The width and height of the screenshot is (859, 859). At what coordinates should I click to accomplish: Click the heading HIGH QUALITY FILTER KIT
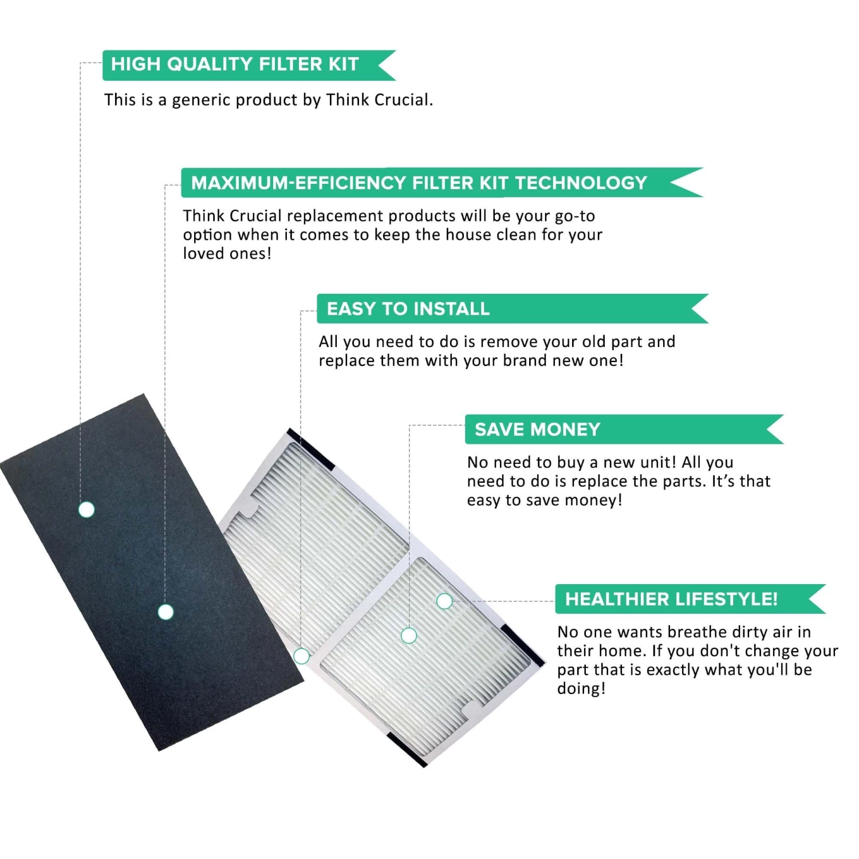(x=235, y=64)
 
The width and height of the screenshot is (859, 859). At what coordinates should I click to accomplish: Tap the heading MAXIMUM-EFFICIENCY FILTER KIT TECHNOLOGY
(x=419, y=183)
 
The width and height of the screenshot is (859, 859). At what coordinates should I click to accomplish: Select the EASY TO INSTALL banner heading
(x=408, y=309)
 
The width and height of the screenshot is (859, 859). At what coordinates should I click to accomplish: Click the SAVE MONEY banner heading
(x=537, y=429)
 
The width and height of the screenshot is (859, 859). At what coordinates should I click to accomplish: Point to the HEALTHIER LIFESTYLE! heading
(x=671, y=599)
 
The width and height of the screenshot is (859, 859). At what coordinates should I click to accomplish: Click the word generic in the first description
(x=202, y=100)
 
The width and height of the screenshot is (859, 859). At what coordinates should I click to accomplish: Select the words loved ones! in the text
(x=227, y=253)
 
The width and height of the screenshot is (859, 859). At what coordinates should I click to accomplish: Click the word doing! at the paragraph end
(x=581, y=688)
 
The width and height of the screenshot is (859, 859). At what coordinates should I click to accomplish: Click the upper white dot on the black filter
(x=86, y=509)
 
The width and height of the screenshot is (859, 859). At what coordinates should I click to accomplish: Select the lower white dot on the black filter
(x=166, y=612)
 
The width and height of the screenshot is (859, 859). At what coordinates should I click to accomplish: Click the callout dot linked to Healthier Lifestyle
(x=444, y=601)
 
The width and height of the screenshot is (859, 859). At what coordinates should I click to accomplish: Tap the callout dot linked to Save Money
(x=409, y=635)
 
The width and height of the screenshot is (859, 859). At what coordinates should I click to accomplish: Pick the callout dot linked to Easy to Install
(x=301, y=656)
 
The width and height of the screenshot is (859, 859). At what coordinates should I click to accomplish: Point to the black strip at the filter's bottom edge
(x=407, y=750)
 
